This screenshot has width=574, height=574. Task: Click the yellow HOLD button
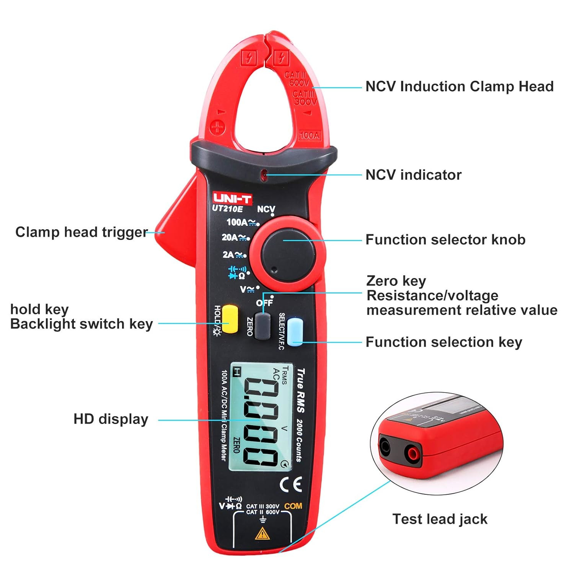tap(230, 319)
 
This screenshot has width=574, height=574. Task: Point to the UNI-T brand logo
tap(232, 198)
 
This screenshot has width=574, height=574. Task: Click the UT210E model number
tap(227, 209)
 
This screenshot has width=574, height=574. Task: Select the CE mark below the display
tap(291, 484)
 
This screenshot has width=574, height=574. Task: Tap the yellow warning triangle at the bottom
tap(262, 533)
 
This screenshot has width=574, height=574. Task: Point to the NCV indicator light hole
tap(263, 175)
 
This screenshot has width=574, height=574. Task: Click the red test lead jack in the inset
tap(413, 454)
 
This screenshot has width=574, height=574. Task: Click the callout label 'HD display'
tap(111, 419)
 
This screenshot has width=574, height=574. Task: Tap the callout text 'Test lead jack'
tap(440, 519)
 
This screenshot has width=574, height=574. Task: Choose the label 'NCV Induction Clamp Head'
tap(459, 86)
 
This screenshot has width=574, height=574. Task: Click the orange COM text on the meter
tap(293, 506)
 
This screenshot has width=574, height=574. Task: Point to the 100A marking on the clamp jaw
tap(309, 135)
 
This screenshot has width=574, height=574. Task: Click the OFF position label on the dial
tap(264, 303)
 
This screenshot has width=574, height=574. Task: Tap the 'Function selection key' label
tap(444, 342)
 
